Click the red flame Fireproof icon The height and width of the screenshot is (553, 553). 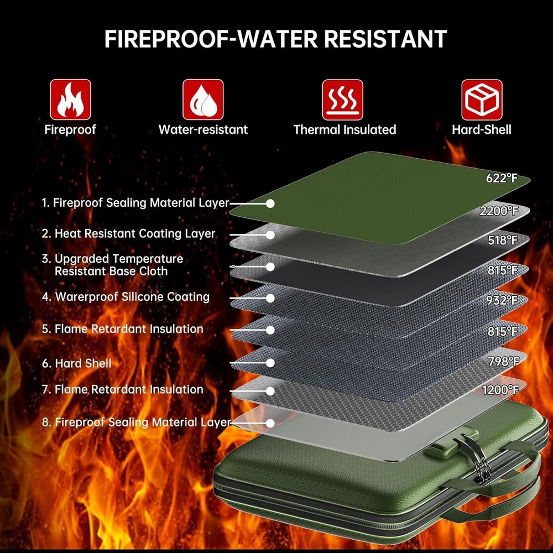(x=71, y=100)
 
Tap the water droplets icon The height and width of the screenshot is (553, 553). (x=203, y=100)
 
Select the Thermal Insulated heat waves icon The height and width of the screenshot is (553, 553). (x=342, y=100)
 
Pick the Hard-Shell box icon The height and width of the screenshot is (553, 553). (x=482, y=100)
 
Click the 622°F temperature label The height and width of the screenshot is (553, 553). (x=502, y=179)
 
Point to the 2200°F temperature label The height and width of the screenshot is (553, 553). (x=499, y=211)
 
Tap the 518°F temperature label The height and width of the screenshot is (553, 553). (x=503, y=241)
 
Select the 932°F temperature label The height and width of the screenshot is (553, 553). (x=502, y=300)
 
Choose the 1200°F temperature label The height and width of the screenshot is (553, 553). (x=500, y=390)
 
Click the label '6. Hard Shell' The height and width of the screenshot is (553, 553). (x=76, y=363)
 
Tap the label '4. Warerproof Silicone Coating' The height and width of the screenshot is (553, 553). (x=126, y=297)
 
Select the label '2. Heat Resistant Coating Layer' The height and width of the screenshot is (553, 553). (x=128, y=233)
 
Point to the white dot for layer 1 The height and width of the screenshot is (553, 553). (x=270, y=204)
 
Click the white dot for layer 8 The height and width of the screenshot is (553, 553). (x=270, y=423)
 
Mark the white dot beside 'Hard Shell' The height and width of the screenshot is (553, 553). (x=270, y=363)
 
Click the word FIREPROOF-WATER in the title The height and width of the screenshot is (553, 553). (x=211, y=39)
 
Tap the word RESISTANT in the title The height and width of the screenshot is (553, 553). (x=385, y=39)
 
